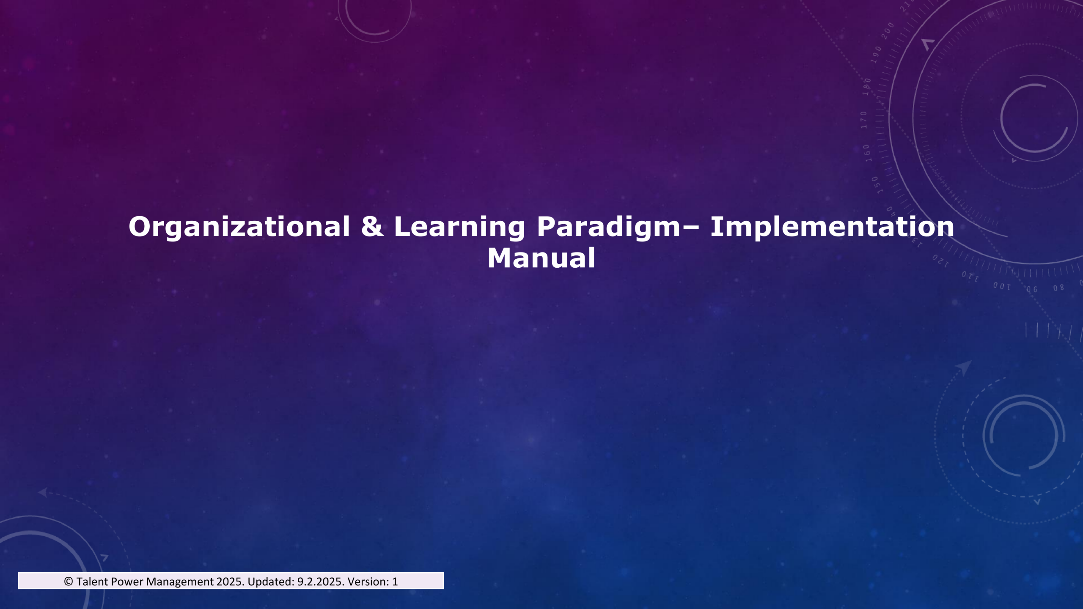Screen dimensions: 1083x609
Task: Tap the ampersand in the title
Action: pos(372,226)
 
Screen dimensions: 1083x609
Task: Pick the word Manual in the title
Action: pos(541,258)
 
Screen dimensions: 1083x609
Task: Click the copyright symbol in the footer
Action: pos(69,582)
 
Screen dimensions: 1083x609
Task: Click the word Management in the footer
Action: pos(180,582)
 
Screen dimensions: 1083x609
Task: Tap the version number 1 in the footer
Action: pos(395,582)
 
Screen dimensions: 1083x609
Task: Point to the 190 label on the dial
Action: pos(876,55)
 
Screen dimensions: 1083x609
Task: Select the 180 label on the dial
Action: pos(867,87)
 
